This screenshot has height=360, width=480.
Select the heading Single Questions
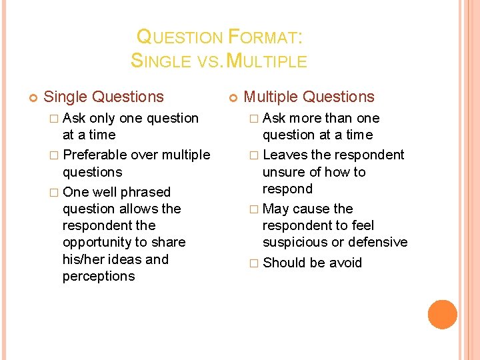103,97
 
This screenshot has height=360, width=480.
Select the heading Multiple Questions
309,97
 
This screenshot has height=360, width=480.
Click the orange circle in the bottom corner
443,315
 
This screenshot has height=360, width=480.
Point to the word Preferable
95,155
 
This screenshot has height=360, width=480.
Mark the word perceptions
99,276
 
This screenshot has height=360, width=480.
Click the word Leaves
285,155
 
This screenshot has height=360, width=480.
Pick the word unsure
286,172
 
